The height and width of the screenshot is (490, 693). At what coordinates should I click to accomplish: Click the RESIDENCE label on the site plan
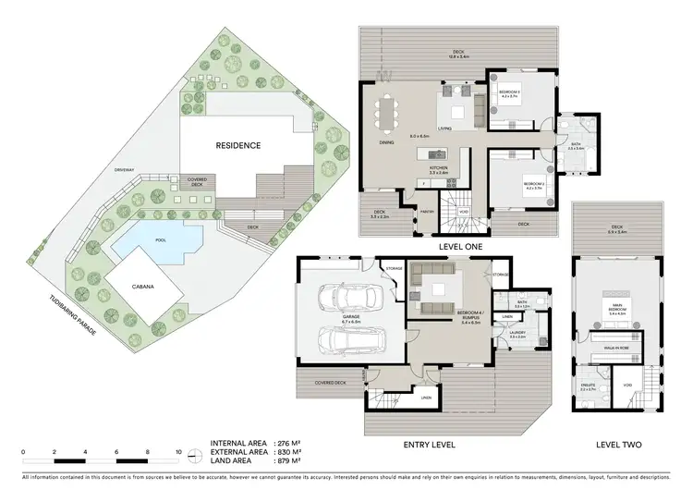238,145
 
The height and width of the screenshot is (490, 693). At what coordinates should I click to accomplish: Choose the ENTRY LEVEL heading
431,445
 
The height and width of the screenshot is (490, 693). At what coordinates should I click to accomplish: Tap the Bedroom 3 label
510,92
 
